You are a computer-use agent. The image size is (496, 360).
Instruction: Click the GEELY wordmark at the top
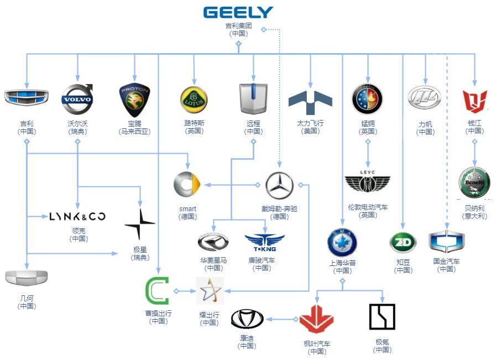[x=238, y=12]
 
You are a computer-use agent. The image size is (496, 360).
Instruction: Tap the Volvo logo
[x=77, y=100]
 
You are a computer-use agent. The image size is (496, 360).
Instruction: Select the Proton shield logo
[x=134, y=100]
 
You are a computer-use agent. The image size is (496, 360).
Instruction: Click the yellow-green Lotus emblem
[x=194, y=99]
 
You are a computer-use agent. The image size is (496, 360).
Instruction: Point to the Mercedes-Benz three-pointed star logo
[x=279, y=185]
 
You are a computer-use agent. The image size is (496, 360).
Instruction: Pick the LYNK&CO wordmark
[x=77, y=216]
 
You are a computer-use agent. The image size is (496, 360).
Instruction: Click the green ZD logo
[x=403, y=243]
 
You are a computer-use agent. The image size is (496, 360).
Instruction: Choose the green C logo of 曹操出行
[x=157, y=291]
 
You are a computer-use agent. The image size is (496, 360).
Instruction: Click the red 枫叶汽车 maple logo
[x=316, y=319]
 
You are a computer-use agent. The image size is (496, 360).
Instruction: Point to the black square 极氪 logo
[x=382, y=317]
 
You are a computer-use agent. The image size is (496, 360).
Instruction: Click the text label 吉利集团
[x=238, y=26]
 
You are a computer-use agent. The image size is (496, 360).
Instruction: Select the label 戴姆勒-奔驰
[x=279, y=209]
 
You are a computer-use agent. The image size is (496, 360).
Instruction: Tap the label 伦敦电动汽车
[x=368, y=207]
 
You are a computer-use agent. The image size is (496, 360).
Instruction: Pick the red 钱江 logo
[x=474, y=100]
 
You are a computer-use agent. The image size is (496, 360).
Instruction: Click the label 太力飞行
[x=310, y=124]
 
